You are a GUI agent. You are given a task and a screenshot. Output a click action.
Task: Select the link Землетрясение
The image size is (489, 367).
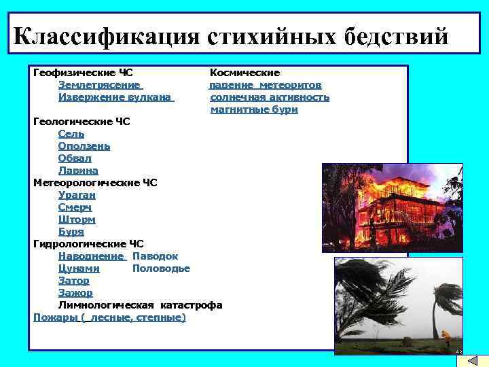100,85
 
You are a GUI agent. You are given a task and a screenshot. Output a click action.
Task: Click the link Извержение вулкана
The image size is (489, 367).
115,97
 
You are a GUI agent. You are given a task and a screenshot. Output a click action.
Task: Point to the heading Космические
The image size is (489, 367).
244,73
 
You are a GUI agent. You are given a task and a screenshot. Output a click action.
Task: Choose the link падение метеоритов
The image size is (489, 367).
266,85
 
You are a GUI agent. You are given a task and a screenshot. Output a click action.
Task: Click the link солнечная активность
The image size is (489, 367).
270,97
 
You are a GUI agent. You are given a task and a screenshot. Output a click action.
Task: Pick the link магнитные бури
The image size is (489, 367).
254,109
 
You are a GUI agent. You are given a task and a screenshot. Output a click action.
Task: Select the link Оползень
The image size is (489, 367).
84,146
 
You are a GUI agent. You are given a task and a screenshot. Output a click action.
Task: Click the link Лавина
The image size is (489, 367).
78,171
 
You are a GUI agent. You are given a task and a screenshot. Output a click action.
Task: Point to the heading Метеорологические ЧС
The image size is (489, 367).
95,183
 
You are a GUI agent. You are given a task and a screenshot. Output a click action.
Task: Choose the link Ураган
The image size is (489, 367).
77,195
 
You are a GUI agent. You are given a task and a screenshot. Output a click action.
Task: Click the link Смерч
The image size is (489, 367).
75,207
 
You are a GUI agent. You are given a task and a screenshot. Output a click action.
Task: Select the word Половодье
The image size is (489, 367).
161,268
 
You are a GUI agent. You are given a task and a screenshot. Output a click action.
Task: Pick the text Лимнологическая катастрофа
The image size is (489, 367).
140,305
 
